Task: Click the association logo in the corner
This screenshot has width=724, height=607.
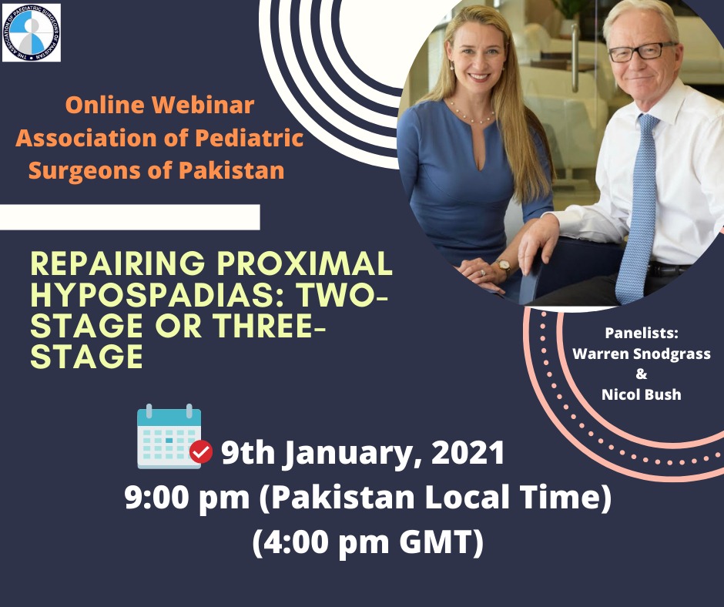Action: tap(32, 33)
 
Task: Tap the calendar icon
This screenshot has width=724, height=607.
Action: tap(169, 436)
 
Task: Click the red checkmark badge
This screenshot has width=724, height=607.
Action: tap(201, 452)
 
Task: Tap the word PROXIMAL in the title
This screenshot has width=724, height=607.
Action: tap(305, 263)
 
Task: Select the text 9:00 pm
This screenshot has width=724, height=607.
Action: tap(187, 498)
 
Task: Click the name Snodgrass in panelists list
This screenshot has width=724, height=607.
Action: tap(672, 354)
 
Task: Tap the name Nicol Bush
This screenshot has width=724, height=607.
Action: tap(642, 394)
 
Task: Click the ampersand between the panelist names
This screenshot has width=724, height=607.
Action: tap(642, 374)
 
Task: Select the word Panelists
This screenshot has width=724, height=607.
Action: tap(642, 333)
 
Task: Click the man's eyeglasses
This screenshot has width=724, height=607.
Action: tap(642, 52)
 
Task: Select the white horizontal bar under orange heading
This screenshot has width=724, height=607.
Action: tap(129, 216)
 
